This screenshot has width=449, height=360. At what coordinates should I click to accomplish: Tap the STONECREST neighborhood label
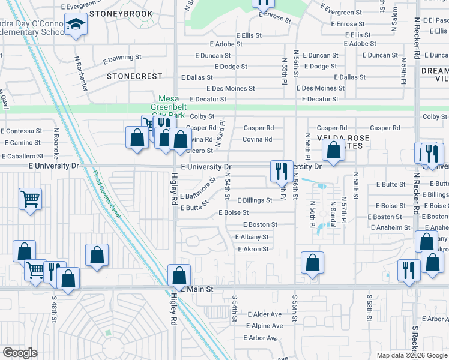click(134, 76)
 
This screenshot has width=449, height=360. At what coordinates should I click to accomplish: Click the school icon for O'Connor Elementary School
click(76, 25)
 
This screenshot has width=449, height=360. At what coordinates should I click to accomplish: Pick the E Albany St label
click(251, 237)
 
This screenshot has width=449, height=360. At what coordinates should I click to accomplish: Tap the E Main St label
click(196, 289)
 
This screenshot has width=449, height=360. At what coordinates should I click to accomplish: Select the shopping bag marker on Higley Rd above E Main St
click(179, 275)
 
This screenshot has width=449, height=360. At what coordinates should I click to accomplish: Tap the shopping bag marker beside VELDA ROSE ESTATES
click(333, 151)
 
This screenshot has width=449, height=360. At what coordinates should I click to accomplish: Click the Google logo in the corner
click(20, 353)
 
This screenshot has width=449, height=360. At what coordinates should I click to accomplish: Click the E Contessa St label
click(22, 130)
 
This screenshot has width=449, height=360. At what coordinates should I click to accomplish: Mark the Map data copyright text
click(411, 355)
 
